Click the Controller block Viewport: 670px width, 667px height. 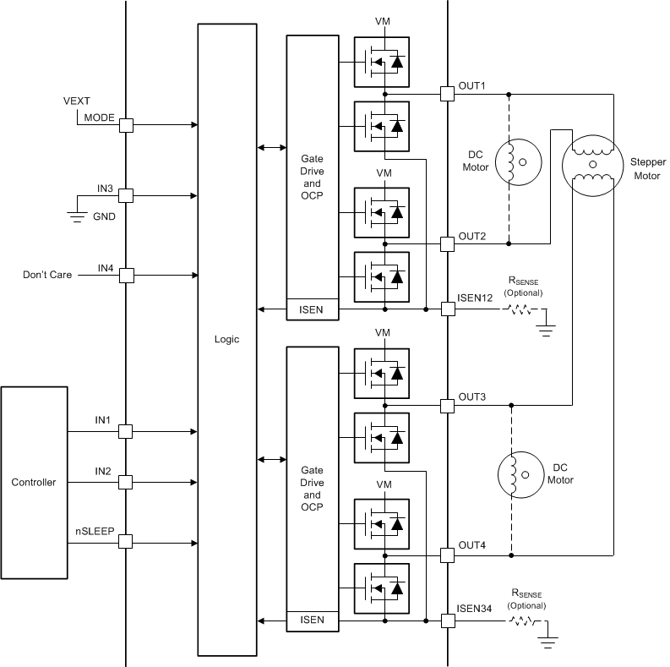pos(34,483)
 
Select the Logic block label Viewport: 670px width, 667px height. pos(226,339)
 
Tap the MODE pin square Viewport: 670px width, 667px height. pos(126,125)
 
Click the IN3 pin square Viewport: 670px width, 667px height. pos(126,195)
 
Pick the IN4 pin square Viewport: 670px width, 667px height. pos(126,275)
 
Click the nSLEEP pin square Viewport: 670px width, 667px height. pos(126,542)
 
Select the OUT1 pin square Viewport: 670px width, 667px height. pos(447,94)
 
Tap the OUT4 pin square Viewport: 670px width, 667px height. pos(447,555)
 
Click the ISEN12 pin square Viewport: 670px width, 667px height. pos(447,309)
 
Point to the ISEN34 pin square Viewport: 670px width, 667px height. pos(447,621)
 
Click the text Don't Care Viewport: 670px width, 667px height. pos(48,275)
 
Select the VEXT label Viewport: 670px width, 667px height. pos(77,101)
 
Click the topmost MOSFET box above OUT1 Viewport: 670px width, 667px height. pos(381,62)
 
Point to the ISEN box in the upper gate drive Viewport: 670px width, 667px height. pos(311,309)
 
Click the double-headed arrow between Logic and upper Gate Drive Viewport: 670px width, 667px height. pos(271,148)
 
